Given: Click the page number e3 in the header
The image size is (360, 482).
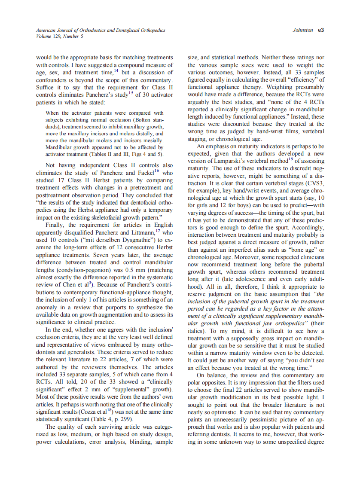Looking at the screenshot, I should point(320,31).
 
